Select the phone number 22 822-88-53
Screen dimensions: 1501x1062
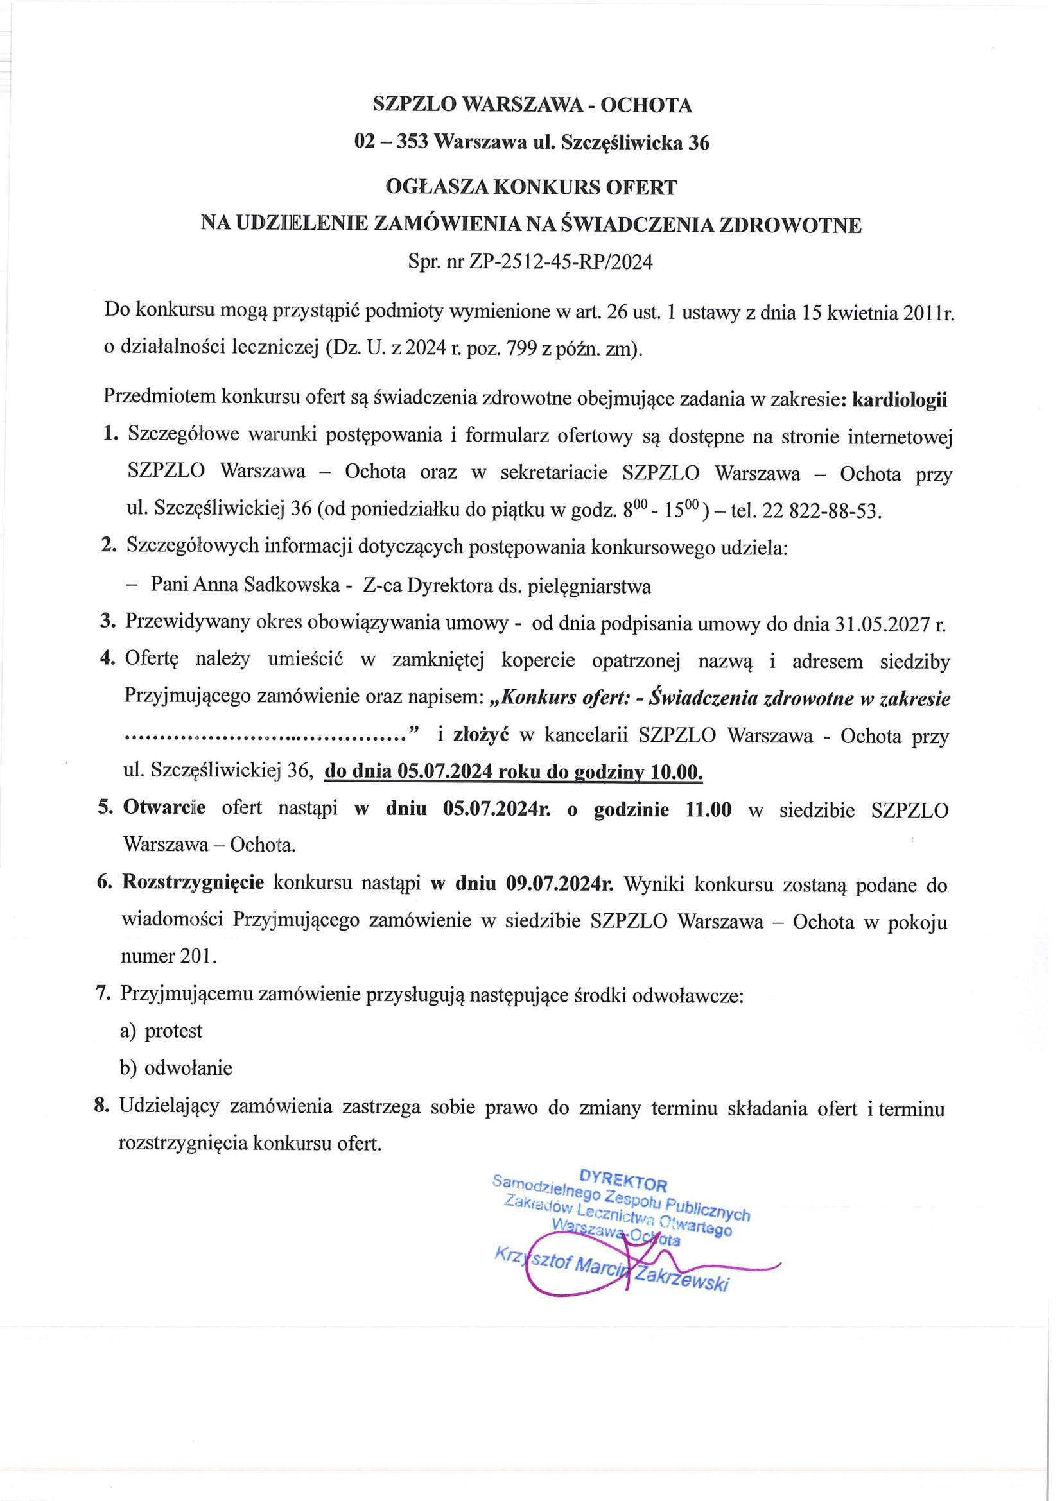822,510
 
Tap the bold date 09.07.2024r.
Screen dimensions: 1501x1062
560,884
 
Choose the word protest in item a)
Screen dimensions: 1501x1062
173,1031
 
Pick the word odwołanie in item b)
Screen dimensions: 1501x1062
188,1068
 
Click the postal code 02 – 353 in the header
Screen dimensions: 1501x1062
391,142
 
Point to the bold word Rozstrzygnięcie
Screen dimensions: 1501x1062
193,882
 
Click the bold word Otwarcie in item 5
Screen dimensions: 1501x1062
164,808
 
